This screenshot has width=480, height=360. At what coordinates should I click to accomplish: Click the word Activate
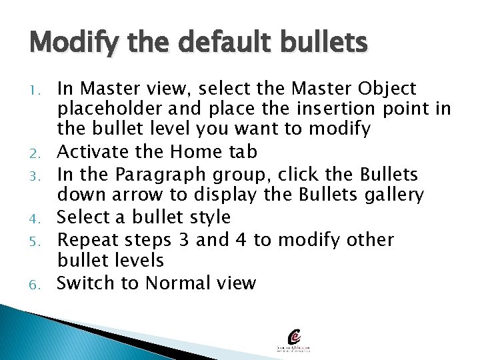tap(93, 152)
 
